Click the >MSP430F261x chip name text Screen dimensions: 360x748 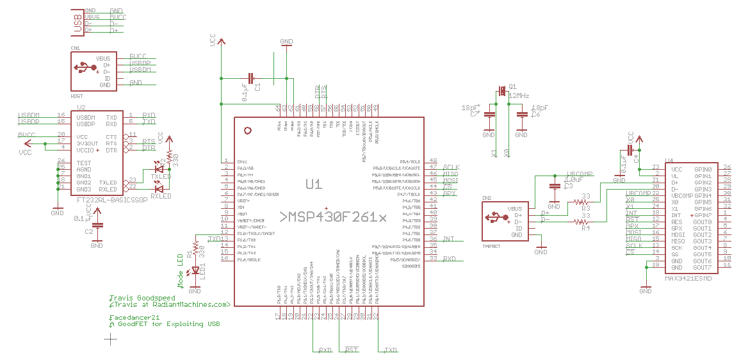pyautogui.click(x=333, y=217)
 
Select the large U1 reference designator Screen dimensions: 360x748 pyautogui.click(x=313, y=184)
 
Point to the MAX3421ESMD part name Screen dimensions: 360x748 pyautogui.click(x=688, y=278)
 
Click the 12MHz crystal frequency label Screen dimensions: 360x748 pyautogui.click(x=519, y=95)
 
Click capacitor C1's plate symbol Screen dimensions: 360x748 pyautogui.click(x=252, y=79)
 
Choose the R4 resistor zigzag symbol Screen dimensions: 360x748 pyautogui.click(x=581, y=222)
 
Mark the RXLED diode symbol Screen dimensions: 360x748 pyautogui.click(x=159, y=188)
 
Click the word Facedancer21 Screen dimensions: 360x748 pyautogui.click(x=134, y=317)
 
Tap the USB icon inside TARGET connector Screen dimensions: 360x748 pyautogui.click(x=492, y=218)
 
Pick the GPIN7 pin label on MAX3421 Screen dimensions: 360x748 pyautogui.click(x=702, y=215)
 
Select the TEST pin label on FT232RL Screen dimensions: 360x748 pyautogui.click(x=83, y=163)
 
